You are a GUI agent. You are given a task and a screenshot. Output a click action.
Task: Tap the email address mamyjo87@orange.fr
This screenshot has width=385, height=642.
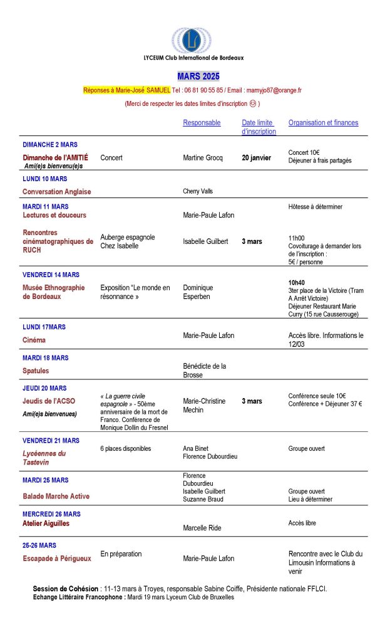coord(274,90)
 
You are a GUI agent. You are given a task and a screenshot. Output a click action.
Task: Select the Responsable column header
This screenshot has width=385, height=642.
coord(202,123)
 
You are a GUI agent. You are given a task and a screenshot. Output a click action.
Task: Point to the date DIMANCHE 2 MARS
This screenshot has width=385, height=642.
coord(50,144)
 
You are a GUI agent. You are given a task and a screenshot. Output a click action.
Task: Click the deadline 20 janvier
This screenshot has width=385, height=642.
coord(256,158)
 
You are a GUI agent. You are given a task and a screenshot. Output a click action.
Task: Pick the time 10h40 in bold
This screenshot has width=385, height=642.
coord(296,282)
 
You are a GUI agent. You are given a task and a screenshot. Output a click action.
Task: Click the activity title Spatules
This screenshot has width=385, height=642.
coord(36,371)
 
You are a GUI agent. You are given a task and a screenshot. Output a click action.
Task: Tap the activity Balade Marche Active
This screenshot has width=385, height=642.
coord(56,497)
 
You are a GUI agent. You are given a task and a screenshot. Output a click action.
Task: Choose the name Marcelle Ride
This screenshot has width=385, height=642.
coord(202,528)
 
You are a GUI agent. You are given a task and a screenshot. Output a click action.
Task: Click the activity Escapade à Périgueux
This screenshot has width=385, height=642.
coord(57,558)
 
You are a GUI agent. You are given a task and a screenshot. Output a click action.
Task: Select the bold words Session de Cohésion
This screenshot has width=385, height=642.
coord(65,589)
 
